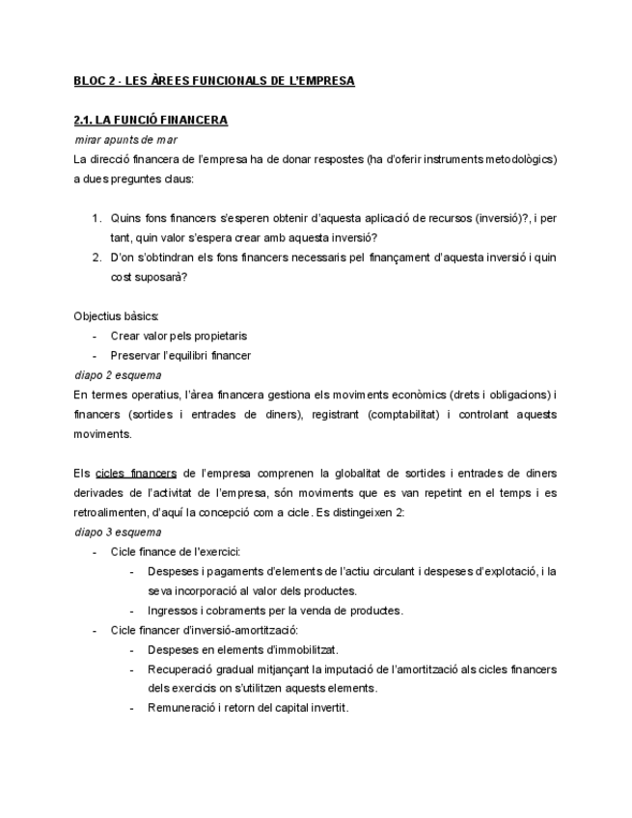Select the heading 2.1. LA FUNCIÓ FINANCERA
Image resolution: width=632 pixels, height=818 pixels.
151,121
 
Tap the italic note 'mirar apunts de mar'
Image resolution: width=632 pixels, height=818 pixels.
125,140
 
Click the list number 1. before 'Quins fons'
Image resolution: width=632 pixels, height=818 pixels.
97,218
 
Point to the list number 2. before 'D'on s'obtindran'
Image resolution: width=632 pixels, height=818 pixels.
97,258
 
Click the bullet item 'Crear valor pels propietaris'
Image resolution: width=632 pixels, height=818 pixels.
179,336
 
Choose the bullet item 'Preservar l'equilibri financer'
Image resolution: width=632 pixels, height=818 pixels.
180,355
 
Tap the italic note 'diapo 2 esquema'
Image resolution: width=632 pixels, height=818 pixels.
118,374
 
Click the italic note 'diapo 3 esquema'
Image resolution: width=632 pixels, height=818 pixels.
118,532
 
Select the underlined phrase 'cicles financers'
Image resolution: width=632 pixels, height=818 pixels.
136,473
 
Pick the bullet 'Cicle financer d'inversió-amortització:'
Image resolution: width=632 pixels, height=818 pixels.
205,630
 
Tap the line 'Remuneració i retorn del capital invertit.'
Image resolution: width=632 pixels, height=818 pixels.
248,708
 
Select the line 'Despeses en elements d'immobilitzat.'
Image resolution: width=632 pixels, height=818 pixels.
242,649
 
